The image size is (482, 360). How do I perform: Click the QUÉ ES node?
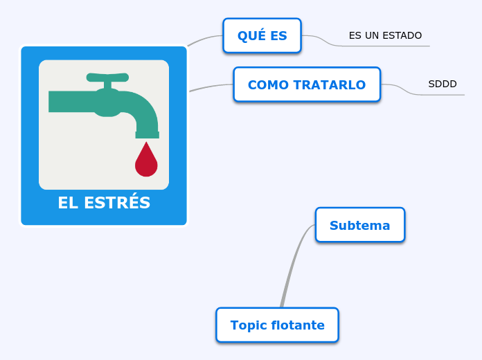(262, 36)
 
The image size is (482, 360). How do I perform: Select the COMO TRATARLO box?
(307, 84)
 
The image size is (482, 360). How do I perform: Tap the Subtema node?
(359, 225)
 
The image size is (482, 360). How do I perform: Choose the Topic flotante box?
(277, 325)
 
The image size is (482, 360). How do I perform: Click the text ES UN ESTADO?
(385, 35)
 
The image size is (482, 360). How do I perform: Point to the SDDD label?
(443, 84)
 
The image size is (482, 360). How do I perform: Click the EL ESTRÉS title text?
(104, 203)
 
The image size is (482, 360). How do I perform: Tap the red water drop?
(146, 162)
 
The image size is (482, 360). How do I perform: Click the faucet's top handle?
(107, 77)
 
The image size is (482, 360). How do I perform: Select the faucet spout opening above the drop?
(147, 134)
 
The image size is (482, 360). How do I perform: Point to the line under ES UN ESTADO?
(388, 46)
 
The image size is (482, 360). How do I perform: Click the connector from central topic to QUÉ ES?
(205, 38)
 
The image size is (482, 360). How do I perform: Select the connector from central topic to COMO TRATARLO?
(211, 87)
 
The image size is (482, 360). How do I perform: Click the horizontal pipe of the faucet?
(69, 101)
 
